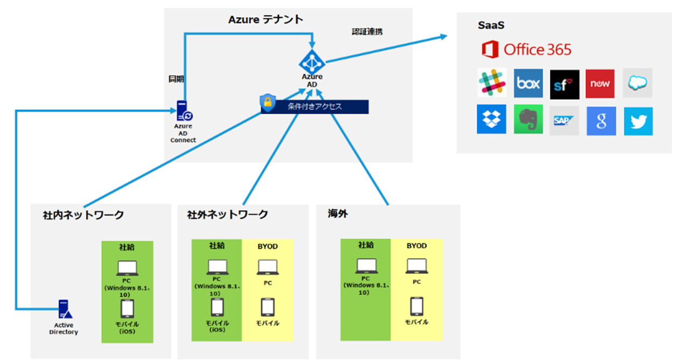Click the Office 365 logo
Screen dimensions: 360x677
[527, 50]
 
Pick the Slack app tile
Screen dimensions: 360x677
[492, 84]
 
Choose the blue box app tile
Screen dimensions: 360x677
[528, 84]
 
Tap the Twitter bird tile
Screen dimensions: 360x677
[638, 121]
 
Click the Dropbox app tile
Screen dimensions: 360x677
[491, 120]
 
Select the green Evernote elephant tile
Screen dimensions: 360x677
[528, 120]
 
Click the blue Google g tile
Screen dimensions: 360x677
[601, 121]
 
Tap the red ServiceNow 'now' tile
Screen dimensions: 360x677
[600, 84]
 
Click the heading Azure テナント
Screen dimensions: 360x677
[266, 20]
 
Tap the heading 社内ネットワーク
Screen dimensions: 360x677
[83, 215]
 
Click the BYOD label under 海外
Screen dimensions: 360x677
[416, 246]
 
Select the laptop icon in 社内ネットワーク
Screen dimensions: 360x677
[127, 267]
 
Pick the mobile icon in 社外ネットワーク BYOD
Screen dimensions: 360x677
[268, 307]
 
